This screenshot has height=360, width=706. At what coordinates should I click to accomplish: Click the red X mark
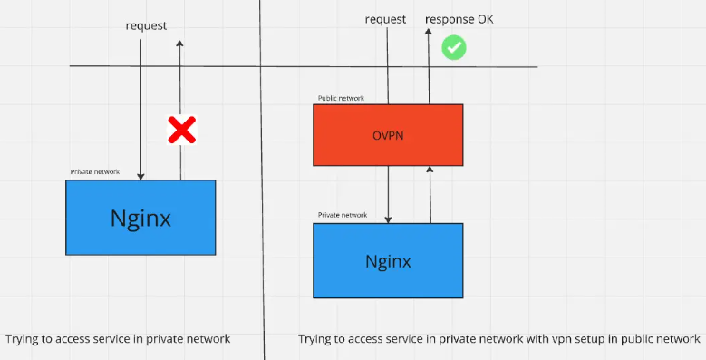[182, 131]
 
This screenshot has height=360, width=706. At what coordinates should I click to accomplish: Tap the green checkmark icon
[453, 47]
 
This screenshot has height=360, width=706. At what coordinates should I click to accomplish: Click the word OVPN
[387, 135]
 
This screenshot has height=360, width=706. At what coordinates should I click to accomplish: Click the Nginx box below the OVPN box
[388, 261]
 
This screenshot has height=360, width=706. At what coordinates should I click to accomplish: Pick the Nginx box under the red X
[140, 218]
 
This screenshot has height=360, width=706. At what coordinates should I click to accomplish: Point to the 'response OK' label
[459, 19]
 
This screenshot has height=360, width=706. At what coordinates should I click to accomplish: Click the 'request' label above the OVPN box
[385, 19]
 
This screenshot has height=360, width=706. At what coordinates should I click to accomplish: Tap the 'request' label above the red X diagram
[146, 25]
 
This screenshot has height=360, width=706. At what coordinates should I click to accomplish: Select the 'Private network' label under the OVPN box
[342, 215]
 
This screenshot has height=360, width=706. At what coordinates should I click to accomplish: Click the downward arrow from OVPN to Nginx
[388, 194]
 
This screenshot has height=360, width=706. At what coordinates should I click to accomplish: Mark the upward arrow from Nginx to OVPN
[430, 194]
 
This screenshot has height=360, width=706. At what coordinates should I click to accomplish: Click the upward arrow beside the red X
[180, 91]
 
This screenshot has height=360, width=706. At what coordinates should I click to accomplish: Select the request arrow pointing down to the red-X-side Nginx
[141, 109]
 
